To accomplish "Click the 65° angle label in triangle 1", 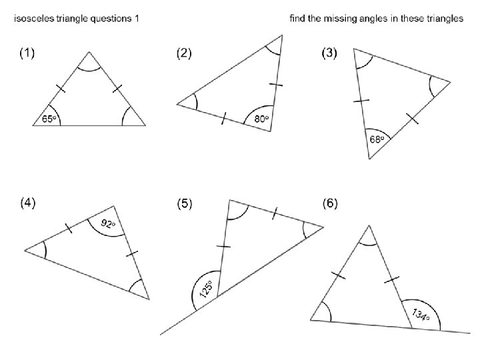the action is (x=49, y=119).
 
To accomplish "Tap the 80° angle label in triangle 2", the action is (x=262, y=119).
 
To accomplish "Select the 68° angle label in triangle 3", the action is (x=377, y=139).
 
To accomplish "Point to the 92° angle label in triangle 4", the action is (x=108, y=224).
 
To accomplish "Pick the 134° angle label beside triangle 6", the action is (x=420, y=315).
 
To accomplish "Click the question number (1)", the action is (x=27, y=54).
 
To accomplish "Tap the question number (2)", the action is (x=183, y=54).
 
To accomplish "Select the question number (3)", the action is (x=329, y=54).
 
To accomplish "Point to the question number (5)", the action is (x=183, y=205).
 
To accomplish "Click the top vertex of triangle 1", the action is (x=89, y=51).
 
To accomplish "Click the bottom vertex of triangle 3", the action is (x=369, y=159).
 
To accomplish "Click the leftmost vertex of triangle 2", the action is (x=177, y=104).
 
